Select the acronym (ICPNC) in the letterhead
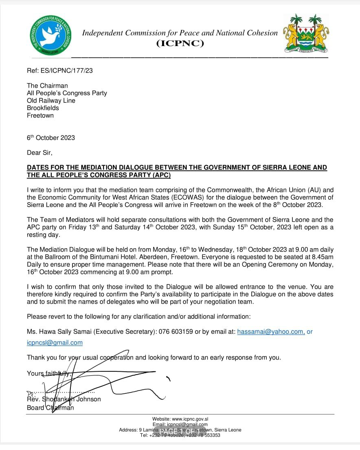click(x=180, y=44)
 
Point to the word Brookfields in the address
click(x=43, y=108)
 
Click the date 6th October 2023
click(x=51, y=138)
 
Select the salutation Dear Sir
click(x=40, y=153)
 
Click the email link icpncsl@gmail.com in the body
click(x=55, y=343)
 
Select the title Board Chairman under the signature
click(x=50, y=408)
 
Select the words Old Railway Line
click(x=51, y=100)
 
